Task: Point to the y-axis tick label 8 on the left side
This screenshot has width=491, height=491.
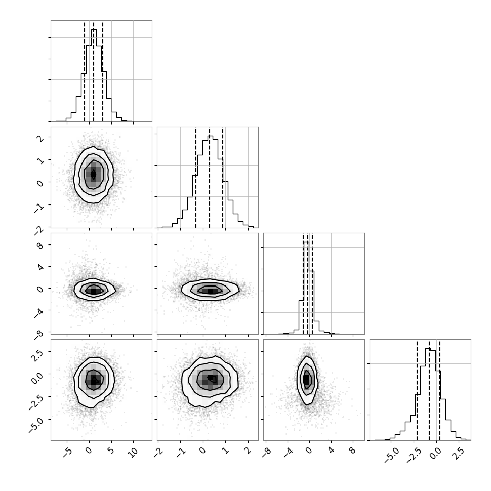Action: tap(40, 245)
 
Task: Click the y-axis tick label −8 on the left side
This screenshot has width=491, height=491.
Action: tap(39, 334)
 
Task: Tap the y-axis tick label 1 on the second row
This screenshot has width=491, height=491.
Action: tap(40, 160)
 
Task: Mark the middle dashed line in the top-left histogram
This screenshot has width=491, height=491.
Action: tap(94, 71)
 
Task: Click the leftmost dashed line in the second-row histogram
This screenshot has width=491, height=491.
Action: tap(196, 178)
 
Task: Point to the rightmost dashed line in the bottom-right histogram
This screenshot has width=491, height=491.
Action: tap(440, 390)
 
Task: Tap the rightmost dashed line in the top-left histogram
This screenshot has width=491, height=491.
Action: tap(103, 71)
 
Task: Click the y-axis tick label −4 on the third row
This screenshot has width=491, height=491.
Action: tap(39, 312)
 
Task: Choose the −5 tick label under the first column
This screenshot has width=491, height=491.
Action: tap(66, 453)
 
